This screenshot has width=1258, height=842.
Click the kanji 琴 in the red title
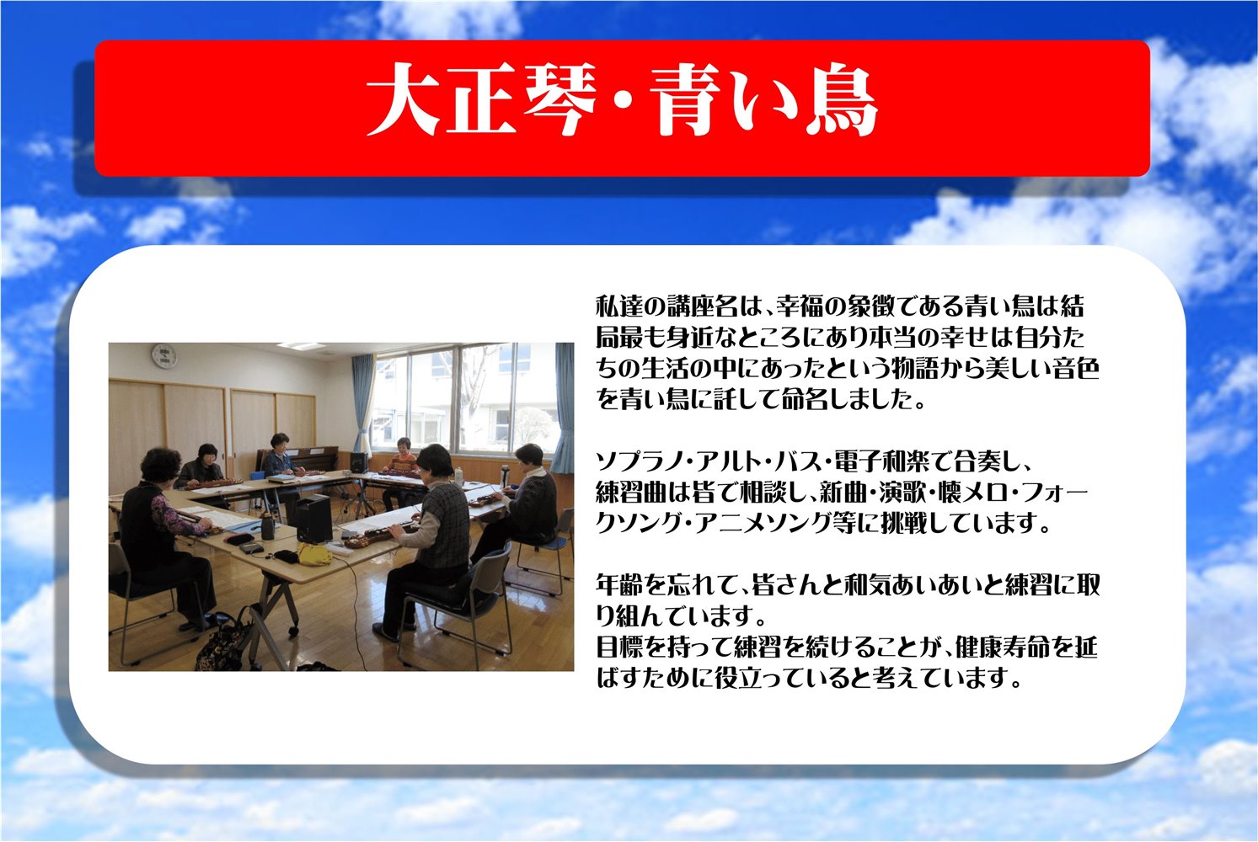click(558, 99)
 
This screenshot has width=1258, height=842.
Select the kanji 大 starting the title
click(404, 99)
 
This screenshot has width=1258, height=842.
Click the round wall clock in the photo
click(164, 356)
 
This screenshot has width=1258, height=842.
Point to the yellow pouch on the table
click(314, 553)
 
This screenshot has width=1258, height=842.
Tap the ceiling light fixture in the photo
click(302, 346)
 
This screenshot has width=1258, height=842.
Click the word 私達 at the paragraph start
click(619, 306)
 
